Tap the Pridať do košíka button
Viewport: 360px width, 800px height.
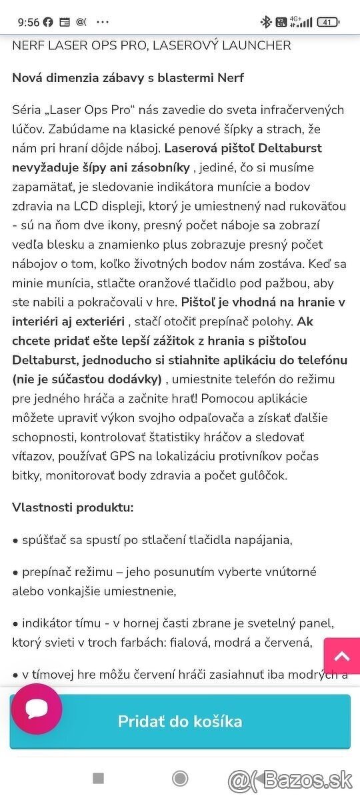[x=180, y=721]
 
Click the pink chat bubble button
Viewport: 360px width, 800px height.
[x=37, y=709]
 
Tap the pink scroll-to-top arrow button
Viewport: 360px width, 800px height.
[x=342, y=657]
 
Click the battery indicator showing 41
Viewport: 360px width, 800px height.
[x=328, y=22]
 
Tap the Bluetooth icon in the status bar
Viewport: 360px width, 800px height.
[x=266, y=22]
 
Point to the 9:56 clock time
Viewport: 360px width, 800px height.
[x=28, y=22]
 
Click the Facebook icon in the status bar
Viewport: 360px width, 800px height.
[x=48, y=22]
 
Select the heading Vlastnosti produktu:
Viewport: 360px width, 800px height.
[x=73, y=507]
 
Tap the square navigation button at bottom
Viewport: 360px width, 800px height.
[x=99, y=778]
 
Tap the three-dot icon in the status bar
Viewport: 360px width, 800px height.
[x=102, y=22]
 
